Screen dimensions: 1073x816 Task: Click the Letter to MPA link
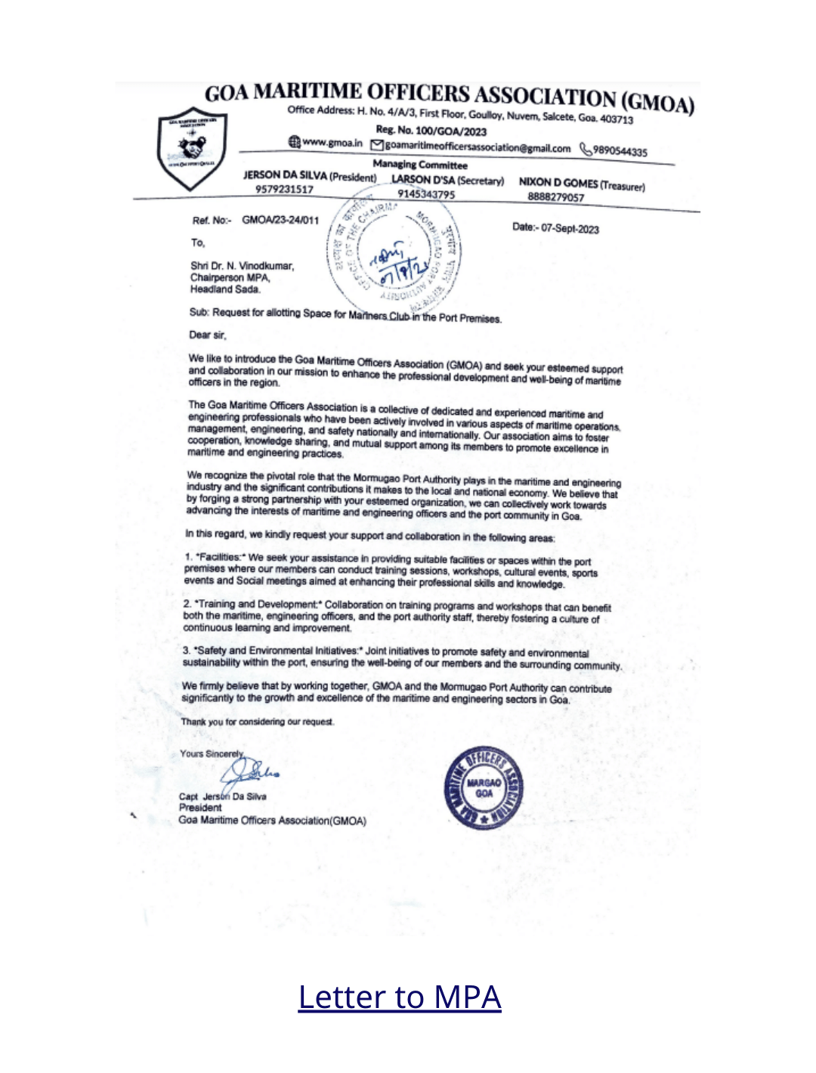[x=399, y=997]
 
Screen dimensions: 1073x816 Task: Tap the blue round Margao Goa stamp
[x=484, y=788]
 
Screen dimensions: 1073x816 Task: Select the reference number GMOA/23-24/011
[x=280, y=220]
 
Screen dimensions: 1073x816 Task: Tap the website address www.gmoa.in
[x=332, y=142]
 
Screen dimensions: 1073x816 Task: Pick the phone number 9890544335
[x=620, y=151]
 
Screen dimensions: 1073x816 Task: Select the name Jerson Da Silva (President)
[x=309, y=176]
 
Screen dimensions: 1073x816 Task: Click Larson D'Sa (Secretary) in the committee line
[x=447, y=181]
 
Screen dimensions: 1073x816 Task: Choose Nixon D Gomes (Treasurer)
[x=581, y=184]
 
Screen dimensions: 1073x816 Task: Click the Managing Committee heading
[x=420, y=165]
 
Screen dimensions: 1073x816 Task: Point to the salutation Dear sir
[x=207, y=334]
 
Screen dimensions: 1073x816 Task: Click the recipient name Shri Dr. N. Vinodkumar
[x=242, y=266]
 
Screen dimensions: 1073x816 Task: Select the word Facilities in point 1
[x=218, y=557]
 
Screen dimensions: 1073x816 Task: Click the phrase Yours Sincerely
[x=212, y=753]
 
